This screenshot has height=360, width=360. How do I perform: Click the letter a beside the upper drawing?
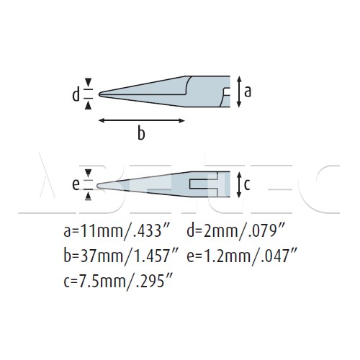(248, 91)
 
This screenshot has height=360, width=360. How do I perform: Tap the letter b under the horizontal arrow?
(141, 132)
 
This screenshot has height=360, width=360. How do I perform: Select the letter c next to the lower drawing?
(247, 184)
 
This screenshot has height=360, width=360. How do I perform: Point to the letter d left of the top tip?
(76, 94)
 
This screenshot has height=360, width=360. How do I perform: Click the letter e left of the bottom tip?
(76, 185)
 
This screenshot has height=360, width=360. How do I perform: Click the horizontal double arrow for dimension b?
(142, 120)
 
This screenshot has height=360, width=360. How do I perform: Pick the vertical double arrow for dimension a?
(238, 91)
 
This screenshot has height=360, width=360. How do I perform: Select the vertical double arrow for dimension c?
(238, 184)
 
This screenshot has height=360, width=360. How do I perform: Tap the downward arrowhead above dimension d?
(89, 82)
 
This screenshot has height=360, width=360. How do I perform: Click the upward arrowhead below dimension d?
(89, 105)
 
